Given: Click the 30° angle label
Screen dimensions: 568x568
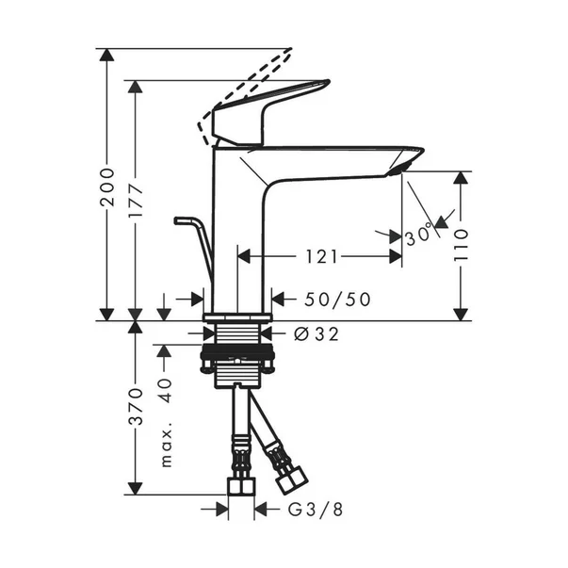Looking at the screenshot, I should coord(419,235).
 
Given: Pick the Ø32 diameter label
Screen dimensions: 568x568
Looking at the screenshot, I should coord(316,333).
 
